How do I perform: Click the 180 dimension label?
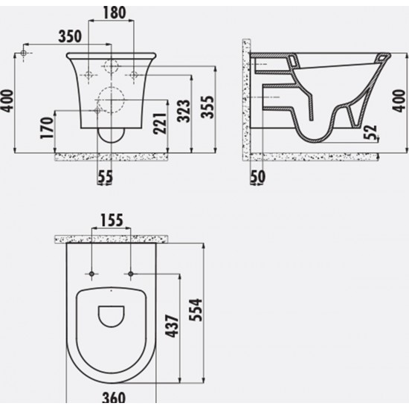115,13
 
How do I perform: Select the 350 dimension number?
70,36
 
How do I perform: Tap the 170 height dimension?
47,128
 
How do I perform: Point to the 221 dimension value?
160,123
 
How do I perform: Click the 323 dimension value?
184,111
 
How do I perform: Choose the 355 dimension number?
207,107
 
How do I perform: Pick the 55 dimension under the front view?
106,176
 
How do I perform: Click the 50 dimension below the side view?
258,176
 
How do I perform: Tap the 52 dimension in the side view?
370,132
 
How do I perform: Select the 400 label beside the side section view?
399,100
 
